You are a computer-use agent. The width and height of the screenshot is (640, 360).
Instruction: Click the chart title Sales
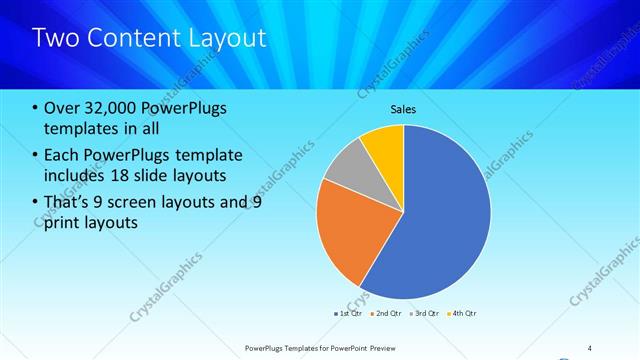coord(403,108)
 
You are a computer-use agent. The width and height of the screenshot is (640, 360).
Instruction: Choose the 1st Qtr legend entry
coord(347,313)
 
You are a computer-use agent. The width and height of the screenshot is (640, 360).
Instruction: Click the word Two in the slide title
coord(54,38)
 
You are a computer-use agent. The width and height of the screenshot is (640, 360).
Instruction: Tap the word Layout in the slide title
coord(229,38)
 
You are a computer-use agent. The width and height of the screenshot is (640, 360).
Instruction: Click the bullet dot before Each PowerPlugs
coord(36,155)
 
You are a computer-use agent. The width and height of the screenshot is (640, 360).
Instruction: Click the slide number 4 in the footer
coord(589,347)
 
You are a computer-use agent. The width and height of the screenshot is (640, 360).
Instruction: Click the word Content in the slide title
coord(130,38)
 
